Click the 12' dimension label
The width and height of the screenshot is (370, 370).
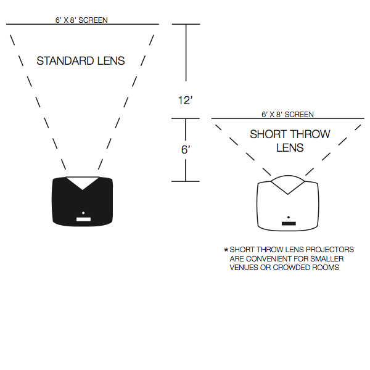(x=186, y=101)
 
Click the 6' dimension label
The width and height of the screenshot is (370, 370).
(x=186, y=150)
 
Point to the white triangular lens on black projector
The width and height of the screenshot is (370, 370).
(x=83, y=181)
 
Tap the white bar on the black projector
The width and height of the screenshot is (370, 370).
(x=83, y=219)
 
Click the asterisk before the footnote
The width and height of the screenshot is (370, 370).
(x=226, y=250)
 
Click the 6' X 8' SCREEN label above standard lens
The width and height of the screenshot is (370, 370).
(x=81, y=20)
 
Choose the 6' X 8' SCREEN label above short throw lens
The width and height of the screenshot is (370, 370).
(x=287, y=114)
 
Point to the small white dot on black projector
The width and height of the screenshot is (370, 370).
(x=83, y=213)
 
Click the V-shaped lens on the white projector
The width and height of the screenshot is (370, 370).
(x=288, y=184)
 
